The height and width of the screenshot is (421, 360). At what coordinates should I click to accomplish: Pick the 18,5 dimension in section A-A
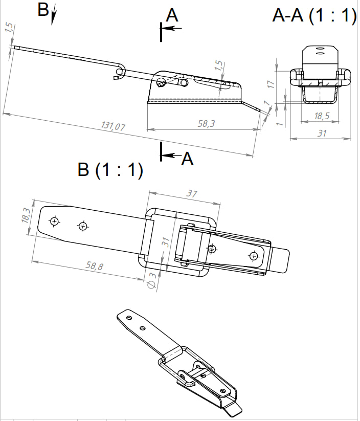(x=321, y=117)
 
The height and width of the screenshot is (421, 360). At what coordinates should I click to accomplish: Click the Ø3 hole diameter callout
(x=151, y=281)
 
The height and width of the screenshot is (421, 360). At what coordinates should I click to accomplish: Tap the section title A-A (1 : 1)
(x=314, y=16)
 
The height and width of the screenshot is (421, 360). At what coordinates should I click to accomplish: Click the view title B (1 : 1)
(x=109, y=170)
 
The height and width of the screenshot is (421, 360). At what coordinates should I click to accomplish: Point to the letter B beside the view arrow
(x=43, y=10)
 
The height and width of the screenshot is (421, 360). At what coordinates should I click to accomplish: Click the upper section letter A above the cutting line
(x=173, y=16)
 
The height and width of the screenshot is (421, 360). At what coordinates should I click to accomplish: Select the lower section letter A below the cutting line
(x=188, y=160)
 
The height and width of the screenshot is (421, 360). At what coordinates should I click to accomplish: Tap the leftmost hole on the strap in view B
(x=54, y=221)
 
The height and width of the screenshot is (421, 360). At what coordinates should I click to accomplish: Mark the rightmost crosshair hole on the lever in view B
(x=254, y=256)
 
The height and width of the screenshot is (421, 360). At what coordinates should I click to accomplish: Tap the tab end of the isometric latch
(x=234, y=408)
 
